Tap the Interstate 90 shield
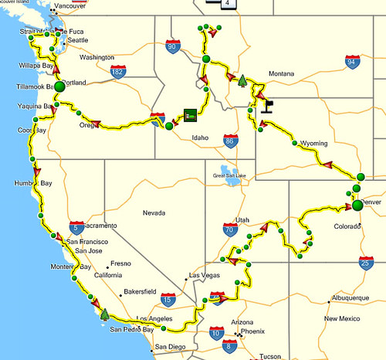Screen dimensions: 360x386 point(171,48)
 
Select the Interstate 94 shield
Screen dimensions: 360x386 point(352,61)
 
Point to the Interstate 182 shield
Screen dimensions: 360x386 point(117,72)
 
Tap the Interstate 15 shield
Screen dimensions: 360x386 point(168,299)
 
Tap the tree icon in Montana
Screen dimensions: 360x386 point(242,80)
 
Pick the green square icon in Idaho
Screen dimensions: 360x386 point(190,116)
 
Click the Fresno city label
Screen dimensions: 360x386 point(120,263)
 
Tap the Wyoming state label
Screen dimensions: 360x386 point(313,144)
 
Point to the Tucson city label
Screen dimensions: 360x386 point(270,356)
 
